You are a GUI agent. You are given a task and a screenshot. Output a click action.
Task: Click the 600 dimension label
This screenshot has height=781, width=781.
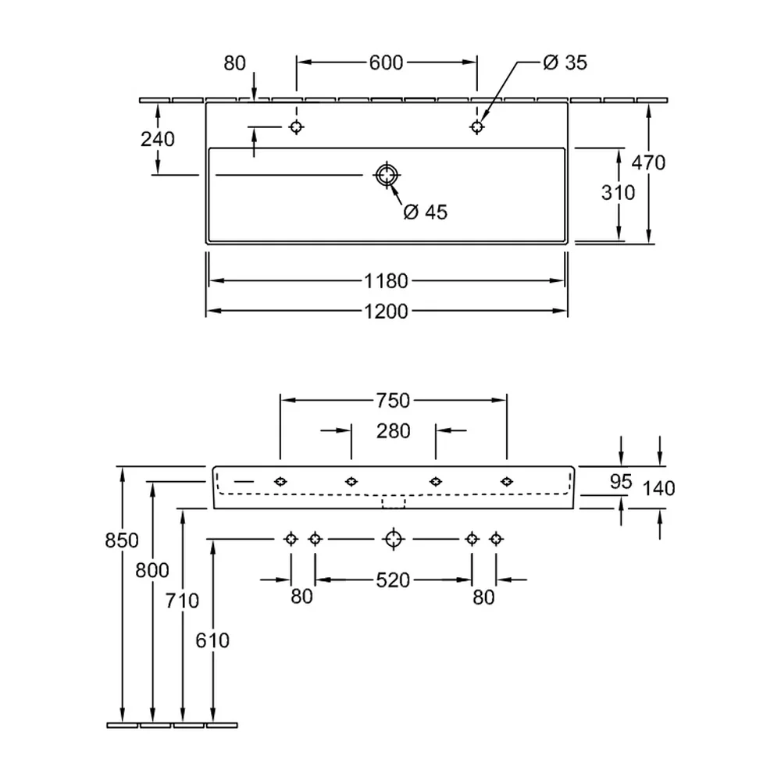[386, 62]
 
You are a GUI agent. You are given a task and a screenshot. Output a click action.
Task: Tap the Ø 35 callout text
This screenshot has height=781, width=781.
[565, 62]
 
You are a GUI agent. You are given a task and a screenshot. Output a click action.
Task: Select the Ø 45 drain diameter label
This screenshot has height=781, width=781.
[426, 212]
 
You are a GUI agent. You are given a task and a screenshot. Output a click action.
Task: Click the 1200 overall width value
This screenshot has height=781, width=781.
[386, 312]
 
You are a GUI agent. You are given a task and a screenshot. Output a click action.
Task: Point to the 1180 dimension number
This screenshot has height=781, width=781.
[386, 281]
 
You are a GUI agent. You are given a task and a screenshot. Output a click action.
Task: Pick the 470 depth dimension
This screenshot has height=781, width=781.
[648, 163]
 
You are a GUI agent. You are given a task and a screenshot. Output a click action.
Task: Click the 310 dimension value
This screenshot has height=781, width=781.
[618, 193]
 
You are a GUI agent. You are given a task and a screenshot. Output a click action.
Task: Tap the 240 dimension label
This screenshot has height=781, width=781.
[158, 140]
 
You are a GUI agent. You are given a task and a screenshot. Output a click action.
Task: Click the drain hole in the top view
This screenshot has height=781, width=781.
[387, 175]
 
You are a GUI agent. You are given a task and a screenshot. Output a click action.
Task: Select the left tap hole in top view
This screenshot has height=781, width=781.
[296, 127]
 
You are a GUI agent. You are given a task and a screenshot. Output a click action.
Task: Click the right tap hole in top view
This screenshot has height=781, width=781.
[476, 127]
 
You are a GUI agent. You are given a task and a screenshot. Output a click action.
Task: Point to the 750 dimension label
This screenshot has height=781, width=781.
[393, 401]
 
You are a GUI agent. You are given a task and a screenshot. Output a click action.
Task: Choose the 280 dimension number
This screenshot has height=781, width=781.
[393, 431]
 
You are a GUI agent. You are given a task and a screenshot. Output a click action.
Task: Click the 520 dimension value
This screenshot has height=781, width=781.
[393, 580]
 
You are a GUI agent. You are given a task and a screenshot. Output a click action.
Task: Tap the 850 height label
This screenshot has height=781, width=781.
[122, 540]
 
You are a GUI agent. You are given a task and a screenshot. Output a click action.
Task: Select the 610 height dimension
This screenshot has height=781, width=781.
[212, 640]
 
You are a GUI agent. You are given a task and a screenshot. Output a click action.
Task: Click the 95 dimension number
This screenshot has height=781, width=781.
[621, 482]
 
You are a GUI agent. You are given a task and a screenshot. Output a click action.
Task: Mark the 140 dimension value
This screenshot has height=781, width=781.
[658, 489]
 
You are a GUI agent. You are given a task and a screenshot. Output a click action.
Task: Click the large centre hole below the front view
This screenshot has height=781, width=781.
[394, 539]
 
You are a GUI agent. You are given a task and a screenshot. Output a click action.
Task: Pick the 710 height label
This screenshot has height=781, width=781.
[182, 601]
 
